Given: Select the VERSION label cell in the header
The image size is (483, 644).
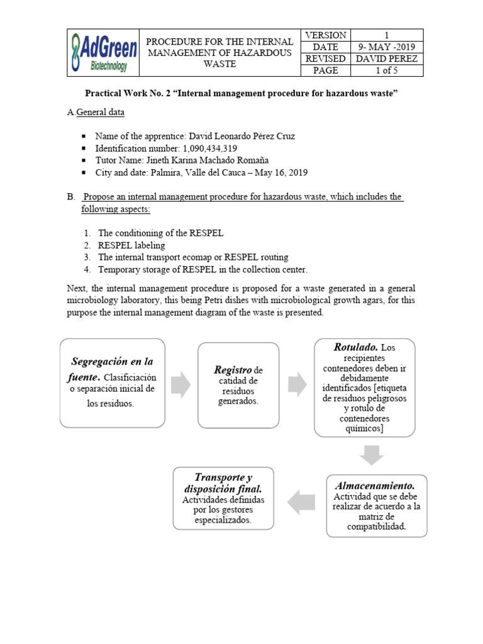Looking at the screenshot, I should [326, 35].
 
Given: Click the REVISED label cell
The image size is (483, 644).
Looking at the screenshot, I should [326, 58].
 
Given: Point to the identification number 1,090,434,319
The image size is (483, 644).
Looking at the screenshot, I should [206, 148].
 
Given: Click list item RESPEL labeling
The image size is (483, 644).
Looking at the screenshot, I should [131, 245].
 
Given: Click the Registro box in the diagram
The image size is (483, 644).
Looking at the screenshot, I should [238, 385].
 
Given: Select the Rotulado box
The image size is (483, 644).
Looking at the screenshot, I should [364, 387].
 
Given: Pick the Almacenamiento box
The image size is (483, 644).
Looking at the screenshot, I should [376, 505].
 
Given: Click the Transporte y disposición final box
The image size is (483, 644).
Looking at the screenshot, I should [224, 498].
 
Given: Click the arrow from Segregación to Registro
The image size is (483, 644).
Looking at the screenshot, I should [181, 384].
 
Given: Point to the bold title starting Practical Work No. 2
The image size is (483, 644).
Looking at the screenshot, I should [241, 94].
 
